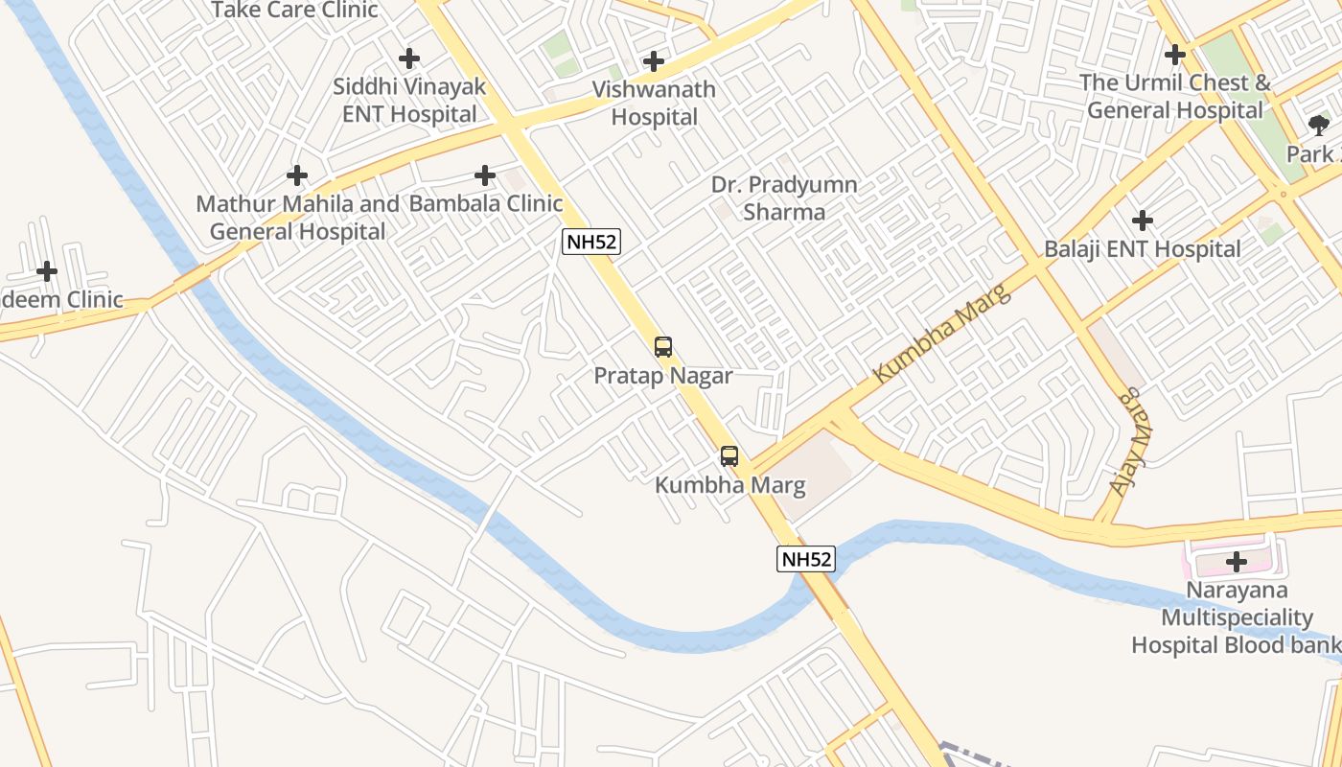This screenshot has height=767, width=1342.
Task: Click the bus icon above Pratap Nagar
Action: [662, 347]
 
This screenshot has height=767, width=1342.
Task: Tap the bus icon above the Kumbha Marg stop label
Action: [729, 456]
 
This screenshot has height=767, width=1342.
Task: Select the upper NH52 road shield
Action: [591, 242]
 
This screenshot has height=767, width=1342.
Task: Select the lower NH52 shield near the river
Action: [805, 559]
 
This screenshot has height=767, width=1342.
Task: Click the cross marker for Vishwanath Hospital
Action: [654, 61]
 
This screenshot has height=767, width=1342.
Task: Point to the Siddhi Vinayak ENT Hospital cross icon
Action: [409, 58]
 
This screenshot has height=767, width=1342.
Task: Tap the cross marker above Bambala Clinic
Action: [485, 175]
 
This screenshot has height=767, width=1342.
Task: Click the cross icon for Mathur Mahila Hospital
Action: [297, 175]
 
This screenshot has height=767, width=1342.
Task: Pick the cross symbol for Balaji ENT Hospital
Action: [1142, 221]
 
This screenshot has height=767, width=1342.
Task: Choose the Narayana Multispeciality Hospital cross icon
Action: [1236, 561]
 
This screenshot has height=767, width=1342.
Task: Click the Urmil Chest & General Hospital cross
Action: [1175, 55]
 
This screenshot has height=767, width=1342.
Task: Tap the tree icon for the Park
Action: [1319, 125]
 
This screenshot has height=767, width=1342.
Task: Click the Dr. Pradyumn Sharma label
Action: [784, 198]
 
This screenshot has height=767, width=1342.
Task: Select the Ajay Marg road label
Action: [1131, 441]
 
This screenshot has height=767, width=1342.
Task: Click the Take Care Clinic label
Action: [294, 11]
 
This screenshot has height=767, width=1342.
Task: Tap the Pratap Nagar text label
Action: [663, 376]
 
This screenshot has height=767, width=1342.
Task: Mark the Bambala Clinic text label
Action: [486, 203]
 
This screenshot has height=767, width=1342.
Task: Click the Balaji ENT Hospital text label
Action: [1142, 249]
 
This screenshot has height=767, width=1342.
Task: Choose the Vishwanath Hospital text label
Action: [654, 104]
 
